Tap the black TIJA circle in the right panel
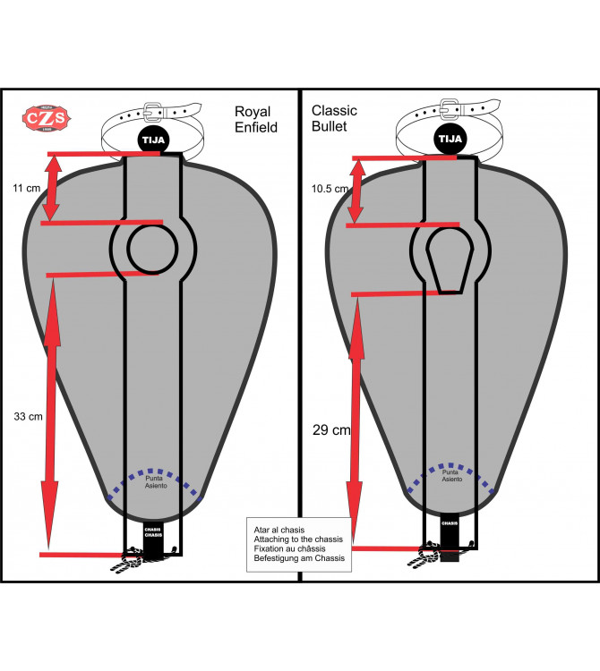[x=450, y=140]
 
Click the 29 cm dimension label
[x=330, y=430]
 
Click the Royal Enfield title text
[x=256, y=120]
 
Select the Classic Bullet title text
[x=334, y=119]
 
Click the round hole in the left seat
[x=153, y=247]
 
